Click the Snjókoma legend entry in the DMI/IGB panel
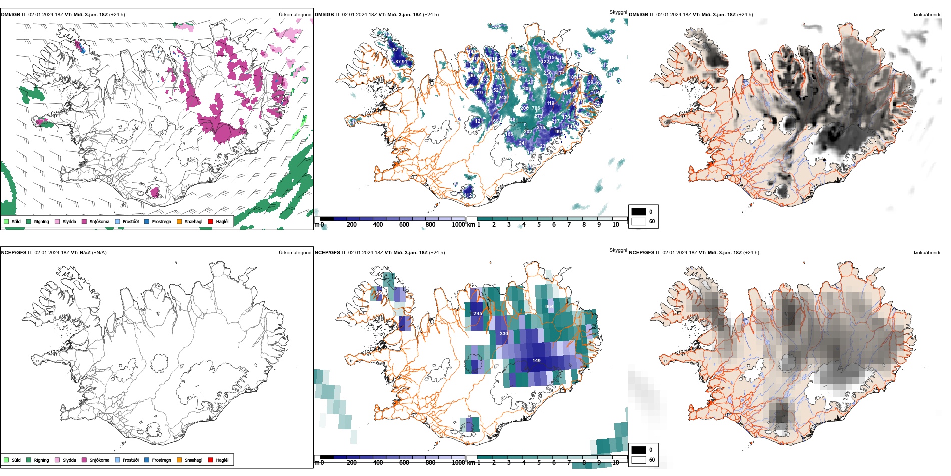(x=99, y=221)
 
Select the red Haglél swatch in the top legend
(x=211, y=221)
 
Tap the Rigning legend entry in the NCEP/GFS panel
(x=41, y=460)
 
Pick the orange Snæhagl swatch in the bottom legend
(x=179, y=460)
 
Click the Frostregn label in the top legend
(x=161, y=221)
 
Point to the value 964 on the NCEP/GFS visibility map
(x=549, y=306)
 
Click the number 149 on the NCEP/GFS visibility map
(x=536, y=360)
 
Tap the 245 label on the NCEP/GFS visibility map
(x=478, y=314)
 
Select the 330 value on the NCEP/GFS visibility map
(x=504, y=333)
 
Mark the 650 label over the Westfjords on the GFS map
(x=379, y=293)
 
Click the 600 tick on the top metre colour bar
(x=404, y=225)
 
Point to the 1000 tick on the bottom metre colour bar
(x=458, y=463)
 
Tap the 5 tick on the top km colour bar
(x=539, y=225)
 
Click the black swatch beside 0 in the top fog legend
(x=639, y=212)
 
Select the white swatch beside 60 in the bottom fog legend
(x=639, y=459)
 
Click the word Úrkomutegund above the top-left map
(x=295, y=15)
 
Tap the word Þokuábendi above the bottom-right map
(x=927, y=253)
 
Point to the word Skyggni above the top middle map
(x=618, y=12)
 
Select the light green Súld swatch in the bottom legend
(x=6, y=460)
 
